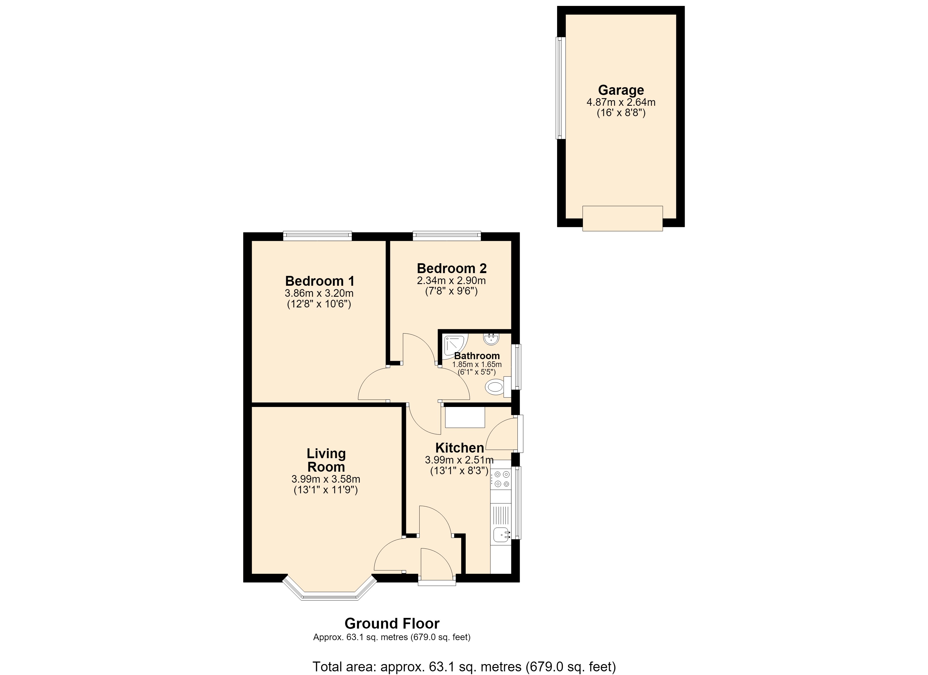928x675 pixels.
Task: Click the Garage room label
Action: pos(621,90)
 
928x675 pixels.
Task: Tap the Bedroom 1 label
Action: pos(319,281)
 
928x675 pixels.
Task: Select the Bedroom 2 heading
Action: pos(452,269)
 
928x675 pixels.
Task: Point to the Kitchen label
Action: pos(460,448)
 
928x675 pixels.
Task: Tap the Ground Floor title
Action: pos(392,624)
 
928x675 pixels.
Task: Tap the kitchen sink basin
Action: pos(501,534)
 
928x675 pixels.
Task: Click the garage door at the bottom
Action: pos(622,219)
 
